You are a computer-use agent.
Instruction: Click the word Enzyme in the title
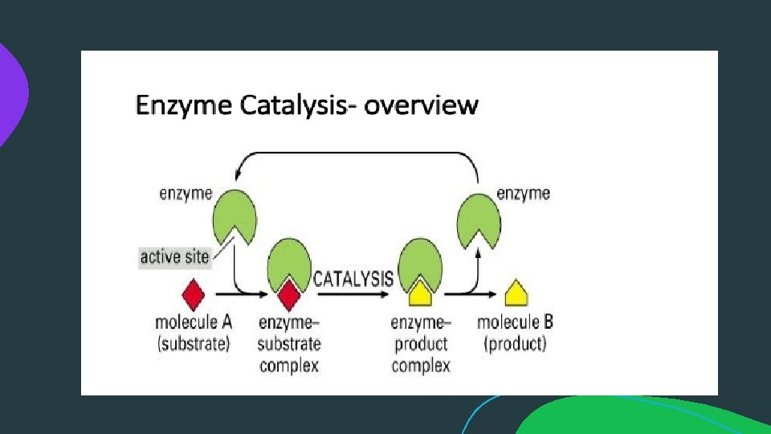coord(184,105)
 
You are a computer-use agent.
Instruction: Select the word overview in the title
coord(421,105)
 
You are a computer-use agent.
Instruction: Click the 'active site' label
coord(174,257)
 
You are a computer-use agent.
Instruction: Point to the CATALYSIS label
coord(353,279)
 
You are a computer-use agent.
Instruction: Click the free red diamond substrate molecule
coord(193,295)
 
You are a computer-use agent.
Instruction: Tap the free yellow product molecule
coord(516,295)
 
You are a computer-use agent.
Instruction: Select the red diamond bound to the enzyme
coord(288,298)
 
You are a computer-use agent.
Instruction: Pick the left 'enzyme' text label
coord(186,193)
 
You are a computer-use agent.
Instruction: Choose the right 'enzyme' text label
coord(524,193)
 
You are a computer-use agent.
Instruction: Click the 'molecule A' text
coord(193,323)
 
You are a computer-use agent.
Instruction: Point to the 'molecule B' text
coord(515,323)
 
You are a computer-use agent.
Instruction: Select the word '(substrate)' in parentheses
coord(193,344)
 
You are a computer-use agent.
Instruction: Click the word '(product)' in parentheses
coord(514,344)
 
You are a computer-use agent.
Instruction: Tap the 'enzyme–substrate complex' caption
coord(289,344)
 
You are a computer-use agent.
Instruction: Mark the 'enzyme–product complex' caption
coord(421,344)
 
